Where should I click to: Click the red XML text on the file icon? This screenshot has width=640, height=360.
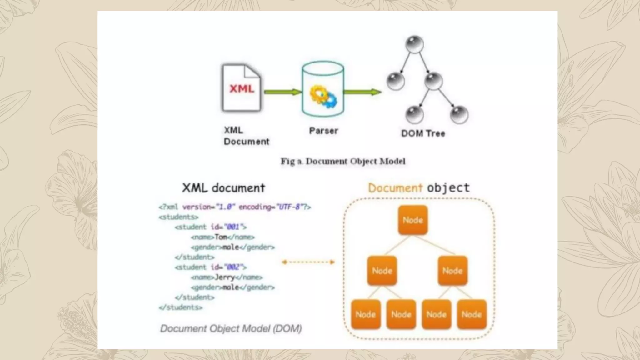[x=242, y=89]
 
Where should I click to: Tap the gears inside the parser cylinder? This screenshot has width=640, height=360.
[x=323, y=96]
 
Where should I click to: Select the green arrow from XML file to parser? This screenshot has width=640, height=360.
[x=282, y=92]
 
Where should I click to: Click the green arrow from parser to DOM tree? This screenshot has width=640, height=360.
[x=362, y=92]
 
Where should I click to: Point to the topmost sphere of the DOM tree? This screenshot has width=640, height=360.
[x=414, y=44]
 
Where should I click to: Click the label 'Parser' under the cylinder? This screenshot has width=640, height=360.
[x=323, y=131]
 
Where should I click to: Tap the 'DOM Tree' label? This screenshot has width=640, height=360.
[x=423, y=133]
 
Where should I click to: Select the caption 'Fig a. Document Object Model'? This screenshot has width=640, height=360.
[x=343, y=161]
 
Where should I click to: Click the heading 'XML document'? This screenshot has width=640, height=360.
[x=223, y=188]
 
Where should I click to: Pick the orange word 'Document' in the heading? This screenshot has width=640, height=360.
[x=395, y=188]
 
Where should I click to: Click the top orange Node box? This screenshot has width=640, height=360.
[x=413, y=220]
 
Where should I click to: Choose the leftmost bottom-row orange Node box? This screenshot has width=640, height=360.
[x=366, y=314]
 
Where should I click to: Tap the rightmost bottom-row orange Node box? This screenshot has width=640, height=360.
[x=472, y=314]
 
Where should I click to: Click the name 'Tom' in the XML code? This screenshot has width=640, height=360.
[x=221, y=237]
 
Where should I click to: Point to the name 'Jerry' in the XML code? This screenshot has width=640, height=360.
[x=225, y=277]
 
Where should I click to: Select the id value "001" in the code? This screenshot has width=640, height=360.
[x=233, y=227]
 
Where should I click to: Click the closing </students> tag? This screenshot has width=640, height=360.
[x=181, y=307]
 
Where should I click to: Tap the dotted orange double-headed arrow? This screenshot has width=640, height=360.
[x=308, y=262]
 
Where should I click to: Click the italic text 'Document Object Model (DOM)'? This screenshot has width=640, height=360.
[x=231, y=328]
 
